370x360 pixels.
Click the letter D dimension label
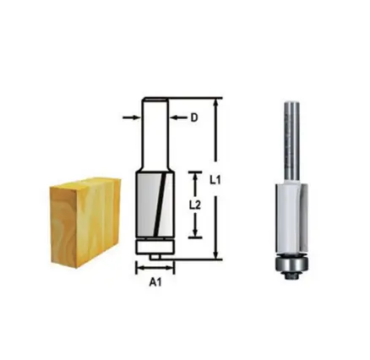point(193,118)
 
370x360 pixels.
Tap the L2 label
point(193,205)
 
